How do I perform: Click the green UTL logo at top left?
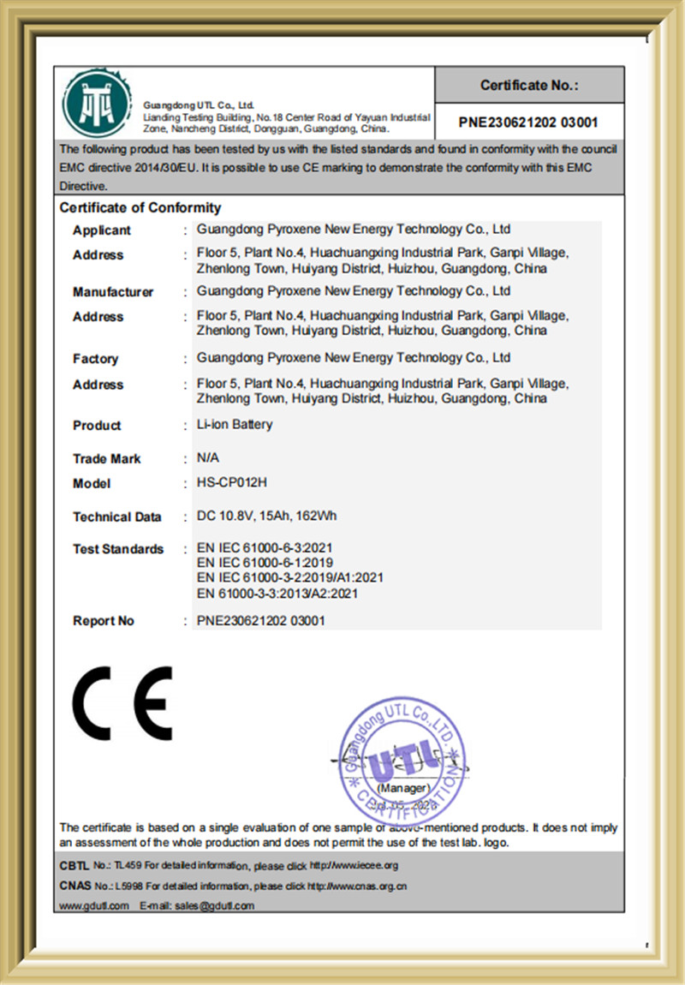click(97, 102)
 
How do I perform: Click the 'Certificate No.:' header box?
click(528, 85)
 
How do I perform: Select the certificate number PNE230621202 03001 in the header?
click(528, 122)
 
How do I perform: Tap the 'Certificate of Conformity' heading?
click(140, 208)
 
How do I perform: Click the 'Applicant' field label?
click(102, 230)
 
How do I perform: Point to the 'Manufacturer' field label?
click(113, 292)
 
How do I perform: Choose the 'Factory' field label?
click(95, 359)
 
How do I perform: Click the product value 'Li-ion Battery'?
click(235, 424)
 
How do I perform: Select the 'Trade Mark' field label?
click(107, 459)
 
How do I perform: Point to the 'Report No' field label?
click(104, 621)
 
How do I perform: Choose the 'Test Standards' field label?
click(118, 549)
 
